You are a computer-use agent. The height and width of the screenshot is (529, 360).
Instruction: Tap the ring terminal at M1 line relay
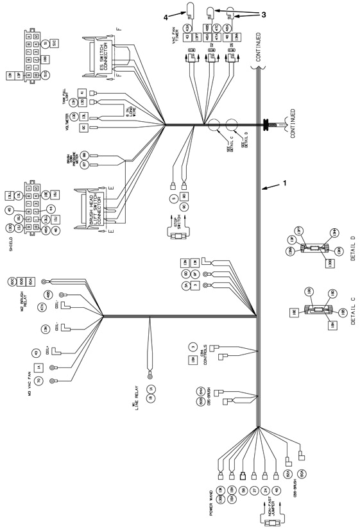(150, 376)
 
